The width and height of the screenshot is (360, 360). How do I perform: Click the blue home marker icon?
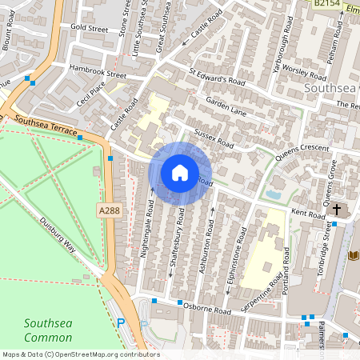click(x=180, y=173)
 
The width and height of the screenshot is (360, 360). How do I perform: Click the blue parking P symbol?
click(x=122, y=323)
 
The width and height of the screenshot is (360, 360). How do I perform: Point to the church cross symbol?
click(x=337, y=210)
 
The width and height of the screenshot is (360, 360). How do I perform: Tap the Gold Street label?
click(x=89, y=27)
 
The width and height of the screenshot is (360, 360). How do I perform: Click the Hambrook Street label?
click(x=98, y=72)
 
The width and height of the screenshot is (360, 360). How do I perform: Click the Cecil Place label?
click(x=91, y=103)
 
